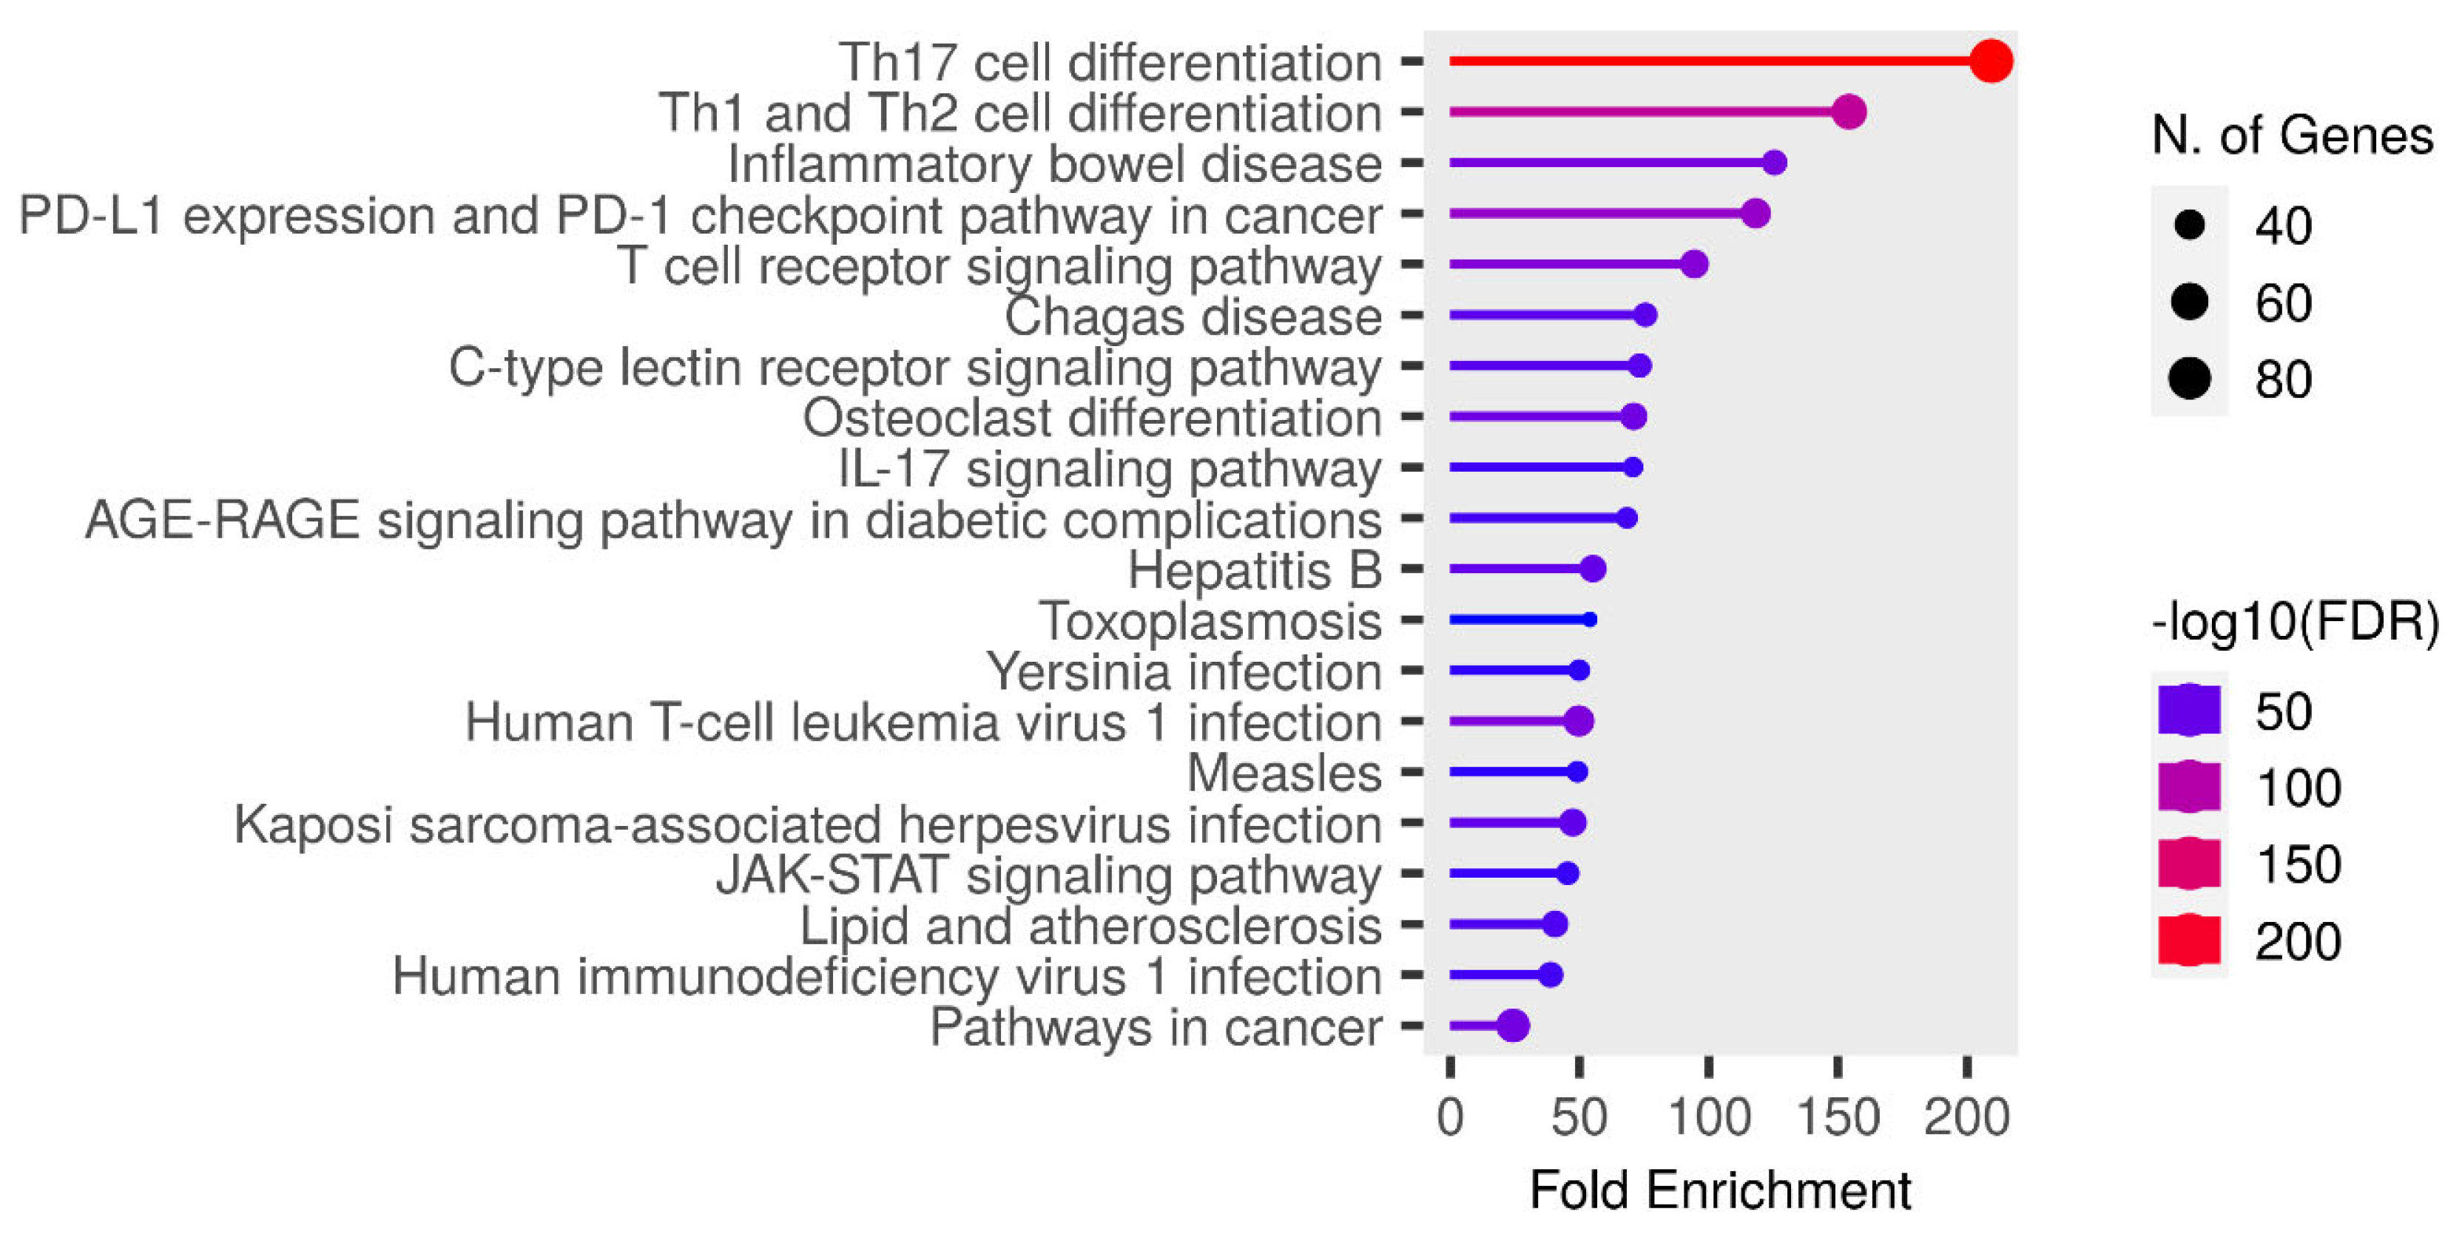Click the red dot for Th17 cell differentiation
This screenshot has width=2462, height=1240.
pos(1991,61)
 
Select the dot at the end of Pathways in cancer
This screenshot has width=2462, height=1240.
pos(1513,1026)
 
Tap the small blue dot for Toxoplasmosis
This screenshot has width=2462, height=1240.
pos(1589,620)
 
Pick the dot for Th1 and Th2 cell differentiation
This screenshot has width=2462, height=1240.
pos(1849,112)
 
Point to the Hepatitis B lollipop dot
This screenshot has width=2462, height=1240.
pos(1592,569)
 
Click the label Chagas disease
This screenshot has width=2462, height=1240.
pos(1192,316)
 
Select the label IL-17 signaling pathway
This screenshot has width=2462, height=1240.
pos(1109,468)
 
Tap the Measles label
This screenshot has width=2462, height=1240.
pos(1284,772)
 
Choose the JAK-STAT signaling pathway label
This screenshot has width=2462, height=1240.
pos(1048,874)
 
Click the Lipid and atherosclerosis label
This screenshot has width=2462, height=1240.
pos(1090,925)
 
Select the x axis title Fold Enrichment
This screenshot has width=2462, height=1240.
pos(1719,1190)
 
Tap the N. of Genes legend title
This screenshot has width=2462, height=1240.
pos(2292,135)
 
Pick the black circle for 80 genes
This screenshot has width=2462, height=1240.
pos(2189,379)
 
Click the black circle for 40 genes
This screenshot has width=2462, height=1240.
pos(2189,226)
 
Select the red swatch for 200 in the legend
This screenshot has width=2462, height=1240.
pos(2189,940)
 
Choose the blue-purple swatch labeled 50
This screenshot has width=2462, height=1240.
pos(2189,711)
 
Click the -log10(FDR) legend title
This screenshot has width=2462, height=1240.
pos(2294,622)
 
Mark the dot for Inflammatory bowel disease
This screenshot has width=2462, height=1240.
pos(1774,163)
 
